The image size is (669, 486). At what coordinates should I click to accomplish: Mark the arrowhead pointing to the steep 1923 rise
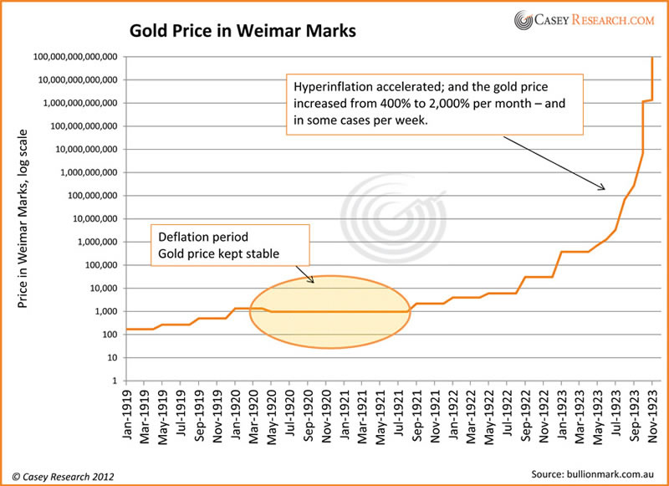pyautogui.click(x=602, y=187)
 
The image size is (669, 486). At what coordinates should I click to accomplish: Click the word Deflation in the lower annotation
pyautogui.click(x=182, y=237)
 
